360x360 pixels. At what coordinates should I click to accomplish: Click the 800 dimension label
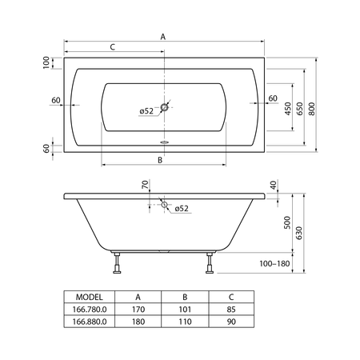click(x=311, y=109)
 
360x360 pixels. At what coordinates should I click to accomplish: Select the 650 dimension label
click(x=299, y=109)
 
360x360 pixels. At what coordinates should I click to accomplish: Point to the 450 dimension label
click(x=288, y=109)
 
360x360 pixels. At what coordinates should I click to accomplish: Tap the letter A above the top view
click(x=163, y=37)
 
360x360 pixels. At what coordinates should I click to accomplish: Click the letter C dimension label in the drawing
click(x=113, y=47)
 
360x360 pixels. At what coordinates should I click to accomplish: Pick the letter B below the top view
click(x=160, y=160)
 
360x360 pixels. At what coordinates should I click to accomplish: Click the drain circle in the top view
click(x=165, y=107)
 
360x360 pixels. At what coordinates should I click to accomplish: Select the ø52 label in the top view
click(x=146, y=111)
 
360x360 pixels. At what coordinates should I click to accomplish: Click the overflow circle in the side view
click(x=164, y=205)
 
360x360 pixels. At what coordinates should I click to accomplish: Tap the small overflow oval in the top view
click(x=164, y=142)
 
